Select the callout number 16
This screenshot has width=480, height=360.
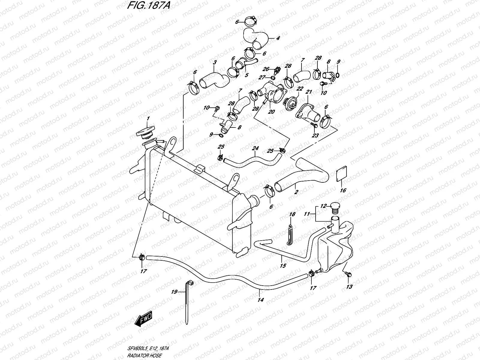coord(343,190)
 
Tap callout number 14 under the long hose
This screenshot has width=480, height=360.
coord(260,300)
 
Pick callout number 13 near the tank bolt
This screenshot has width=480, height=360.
coord(349,287)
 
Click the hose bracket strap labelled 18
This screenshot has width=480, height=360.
coord(289,234)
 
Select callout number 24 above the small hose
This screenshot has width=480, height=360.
coord(255,148)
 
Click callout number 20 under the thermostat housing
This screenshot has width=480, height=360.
coord(271,112)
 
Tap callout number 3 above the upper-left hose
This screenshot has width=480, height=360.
coord(215,62)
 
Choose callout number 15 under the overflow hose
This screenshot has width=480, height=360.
coord(283,265)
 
